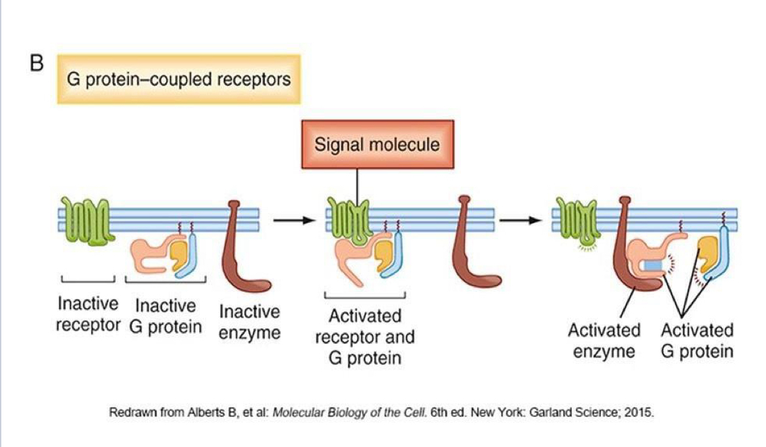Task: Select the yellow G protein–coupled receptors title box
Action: click(179, 80)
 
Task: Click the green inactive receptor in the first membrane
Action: click(87, 219)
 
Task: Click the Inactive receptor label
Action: click(87, 314)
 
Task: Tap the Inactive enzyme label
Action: click(249, 321)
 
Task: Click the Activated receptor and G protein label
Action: click(365, 337)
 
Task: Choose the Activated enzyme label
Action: click(604, 340)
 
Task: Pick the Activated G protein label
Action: click(697, 340)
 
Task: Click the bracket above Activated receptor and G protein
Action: click(365, 295)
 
